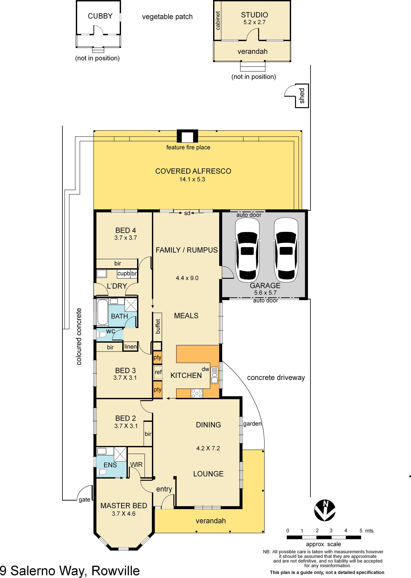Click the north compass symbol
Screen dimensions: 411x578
tap(325, 510)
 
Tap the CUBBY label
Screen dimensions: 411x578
tap(100, 16)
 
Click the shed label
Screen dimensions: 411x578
tap(302, 96)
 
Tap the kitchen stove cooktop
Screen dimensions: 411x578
tap(197, 393)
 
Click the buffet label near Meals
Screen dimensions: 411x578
tap(158, 326)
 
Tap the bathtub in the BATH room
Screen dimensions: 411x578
tap(102, 312)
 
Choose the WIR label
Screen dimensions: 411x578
tap(136, 464)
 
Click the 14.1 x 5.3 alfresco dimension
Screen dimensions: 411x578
tap(192, 179)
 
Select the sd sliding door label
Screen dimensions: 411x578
tap(187, 213)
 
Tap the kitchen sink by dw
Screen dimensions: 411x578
tap(214, 375)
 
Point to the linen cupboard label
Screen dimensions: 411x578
tap(131, 346)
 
